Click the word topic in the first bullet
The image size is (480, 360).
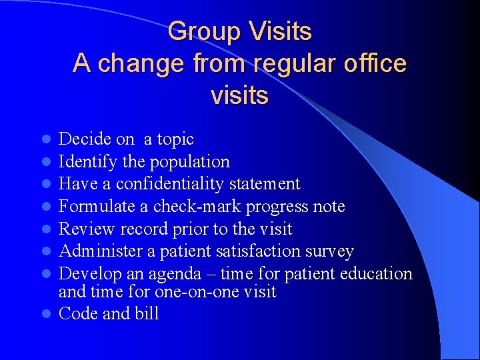click(x=175, y=139)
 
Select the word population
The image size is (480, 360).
click(x=190, y=162)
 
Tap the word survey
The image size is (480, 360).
click(x=329, y=251)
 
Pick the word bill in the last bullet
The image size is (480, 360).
click(x=148, y=314)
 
